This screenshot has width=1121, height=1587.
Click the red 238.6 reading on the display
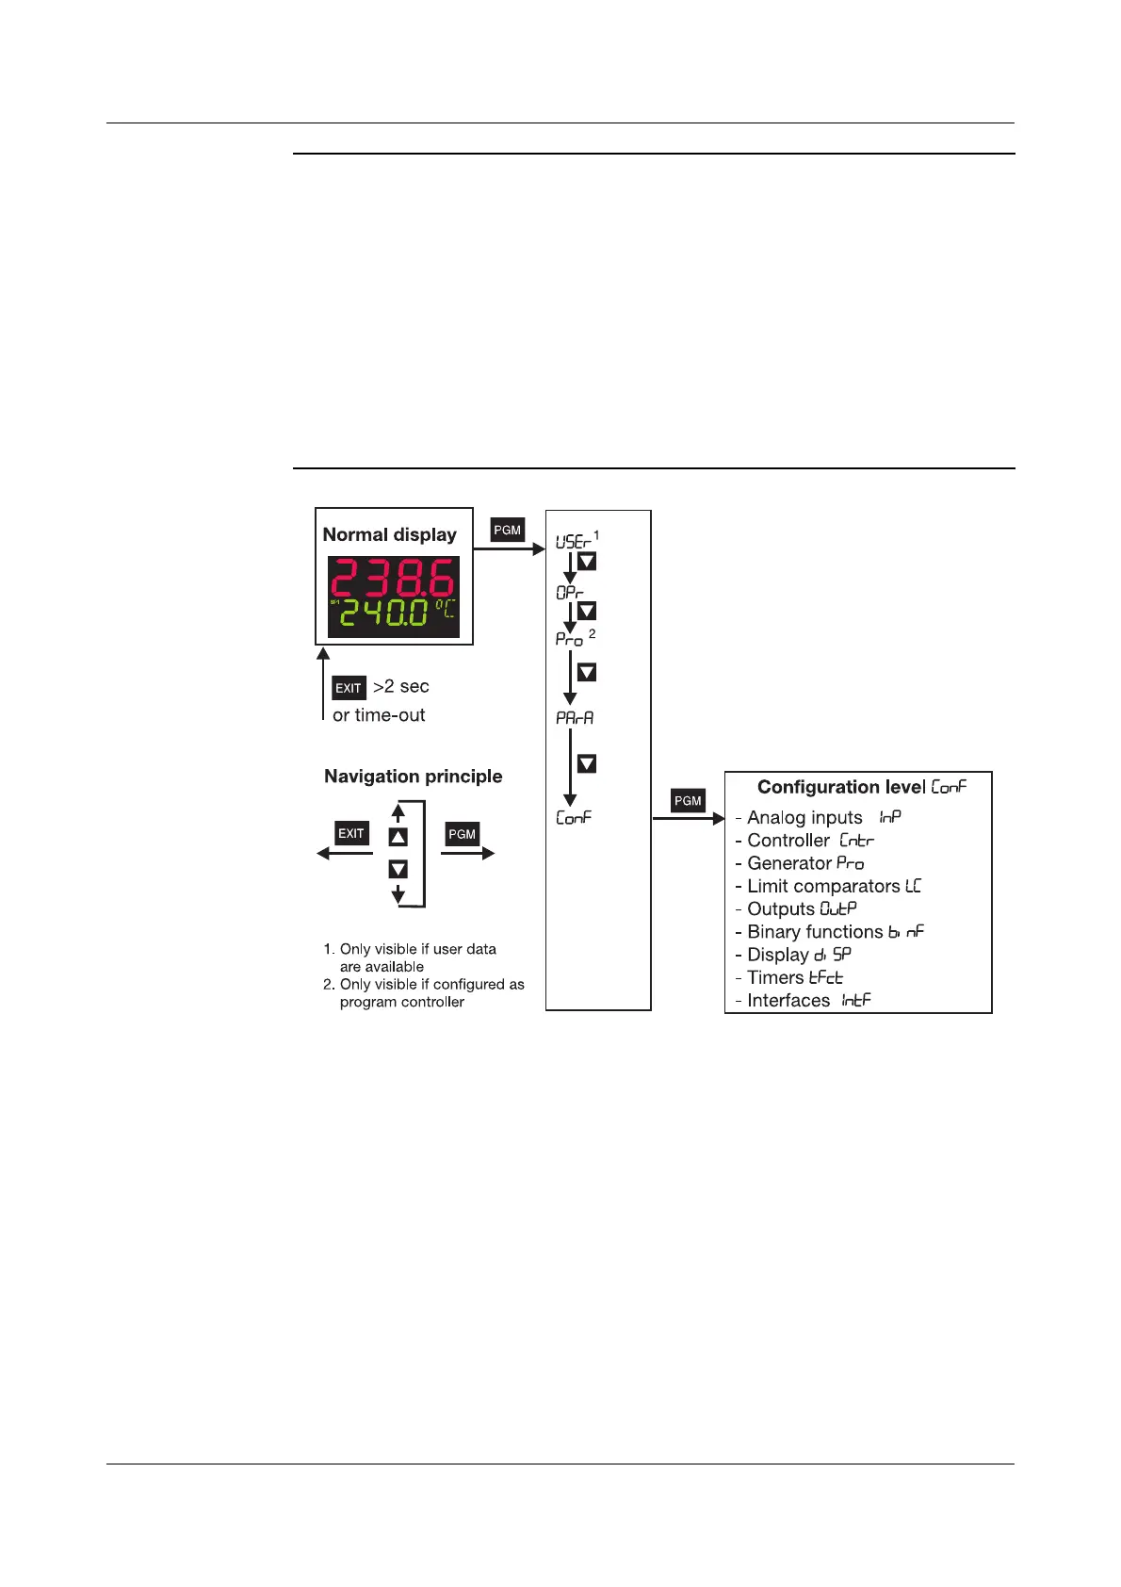pos(394,578)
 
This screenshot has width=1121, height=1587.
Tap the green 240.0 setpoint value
pos(384,614)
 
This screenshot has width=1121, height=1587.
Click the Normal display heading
pos(389,534)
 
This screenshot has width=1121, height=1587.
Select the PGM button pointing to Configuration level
pos(688,801)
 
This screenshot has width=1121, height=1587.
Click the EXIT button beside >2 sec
pos(349,688)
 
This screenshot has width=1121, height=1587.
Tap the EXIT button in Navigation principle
pos(351,833)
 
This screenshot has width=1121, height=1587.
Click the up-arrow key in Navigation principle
pos(398,837)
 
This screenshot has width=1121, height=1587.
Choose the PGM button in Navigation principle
pos(462,834)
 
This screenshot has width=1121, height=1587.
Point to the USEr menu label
pos(573,542)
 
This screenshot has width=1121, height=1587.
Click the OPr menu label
pos(570,593)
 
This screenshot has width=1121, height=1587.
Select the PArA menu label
pos(575,718)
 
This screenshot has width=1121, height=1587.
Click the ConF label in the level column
pos(574,818)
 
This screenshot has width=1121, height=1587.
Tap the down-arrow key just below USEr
pos(586,562)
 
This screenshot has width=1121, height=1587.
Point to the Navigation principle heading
pos(413,777)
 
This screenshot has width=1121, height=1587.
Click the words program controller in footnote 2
pos(401,1002)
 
